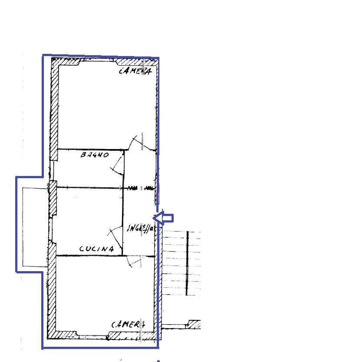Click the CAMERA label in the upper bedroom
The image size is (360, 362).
click(135, 71)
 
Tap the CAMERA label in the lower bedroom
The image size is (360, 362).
click(128, 324)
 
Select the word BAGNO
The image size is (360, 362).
click(94, 155)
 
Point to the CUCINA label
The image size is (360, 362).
click(96, 249)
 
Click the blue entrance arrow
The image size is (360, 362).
click(164, 218)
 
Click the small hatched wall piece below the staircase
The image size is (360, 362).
click(194, 324)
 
